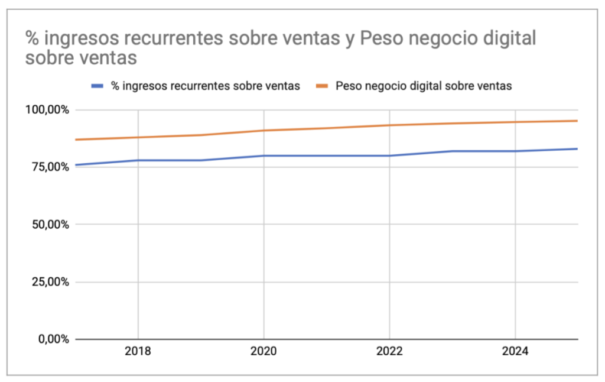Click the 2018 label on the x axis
pos(138,351)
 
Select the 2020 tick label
pos(264,351)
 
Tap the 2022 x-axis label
pos(389,351)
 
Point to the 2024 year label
pos(515,351)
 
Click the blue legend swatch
pos(98,86)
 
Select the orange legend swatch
pos(323,86)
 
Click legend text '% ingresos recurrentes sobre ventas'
pos(206,86)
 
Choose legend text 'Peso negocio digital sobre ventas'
pos(424,86)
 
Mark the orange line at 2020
pos(264,130)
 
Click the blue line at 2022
pos(389,156)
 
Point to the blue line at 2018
pos(138,160)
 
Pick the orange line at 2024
pos(515,122)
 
